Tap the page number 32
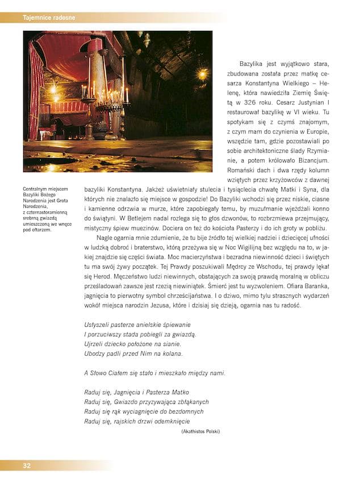click(27, 465)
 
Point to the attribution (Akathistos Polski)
click(200, 431)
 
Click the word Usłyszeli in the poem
click(98, 324)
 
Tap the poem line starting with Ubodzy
click(133, 353)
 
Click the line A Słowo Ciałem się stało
click(154, 373)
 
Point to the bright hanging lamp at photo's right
click(202, 74)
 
